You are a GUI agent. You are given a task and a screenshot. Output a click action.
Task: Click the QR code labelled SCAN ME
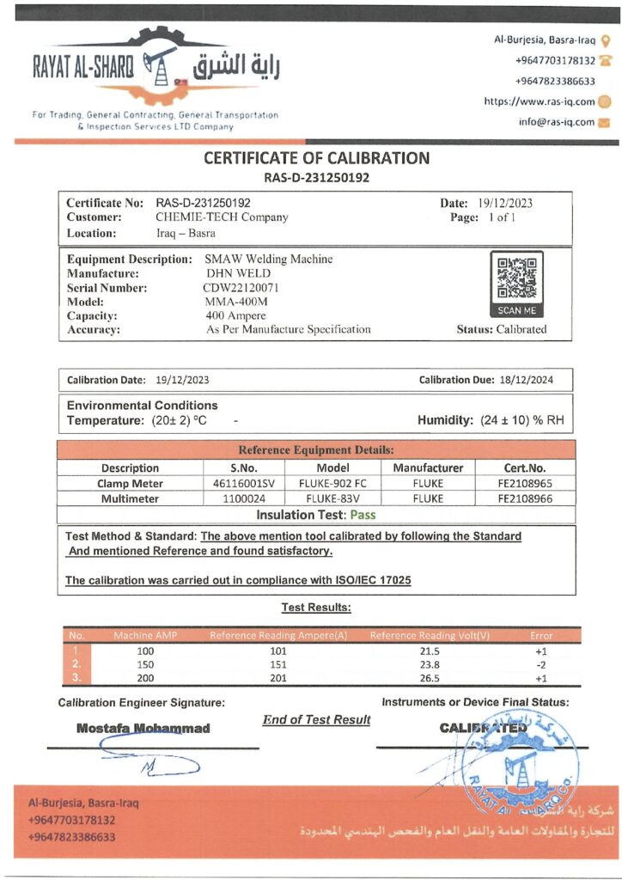(x=515, y=278)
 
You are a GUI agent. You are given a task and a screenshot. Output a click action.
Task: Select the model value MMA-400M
(x=235, y=302)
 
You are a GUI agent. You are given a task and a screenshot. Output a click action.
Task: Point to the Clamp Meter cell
(x=130, y=484)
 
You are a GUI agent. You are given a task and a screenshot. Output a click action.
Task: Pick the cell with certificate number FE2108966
(x=525, y=498)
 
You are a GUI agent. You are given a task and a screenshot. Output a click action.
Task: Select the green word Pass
(x=362, y=515)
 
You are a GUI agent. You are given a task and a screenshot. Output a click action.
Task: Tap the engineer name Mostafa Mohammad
(x=143, y=729)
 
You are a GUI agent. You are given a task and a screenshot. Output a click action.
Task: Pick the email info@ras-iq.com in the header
(x=556, y=122)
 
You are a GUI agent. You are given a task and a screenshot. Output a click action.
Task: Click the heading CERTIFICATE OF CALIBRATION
(x=316, y=158)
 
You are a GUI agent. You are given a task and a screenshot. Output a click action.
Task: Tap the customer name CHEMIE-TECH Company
(x=222, y=217)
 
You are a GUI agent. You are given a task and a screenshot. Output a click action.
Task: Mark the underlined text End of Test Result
(x=316, y=719)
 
